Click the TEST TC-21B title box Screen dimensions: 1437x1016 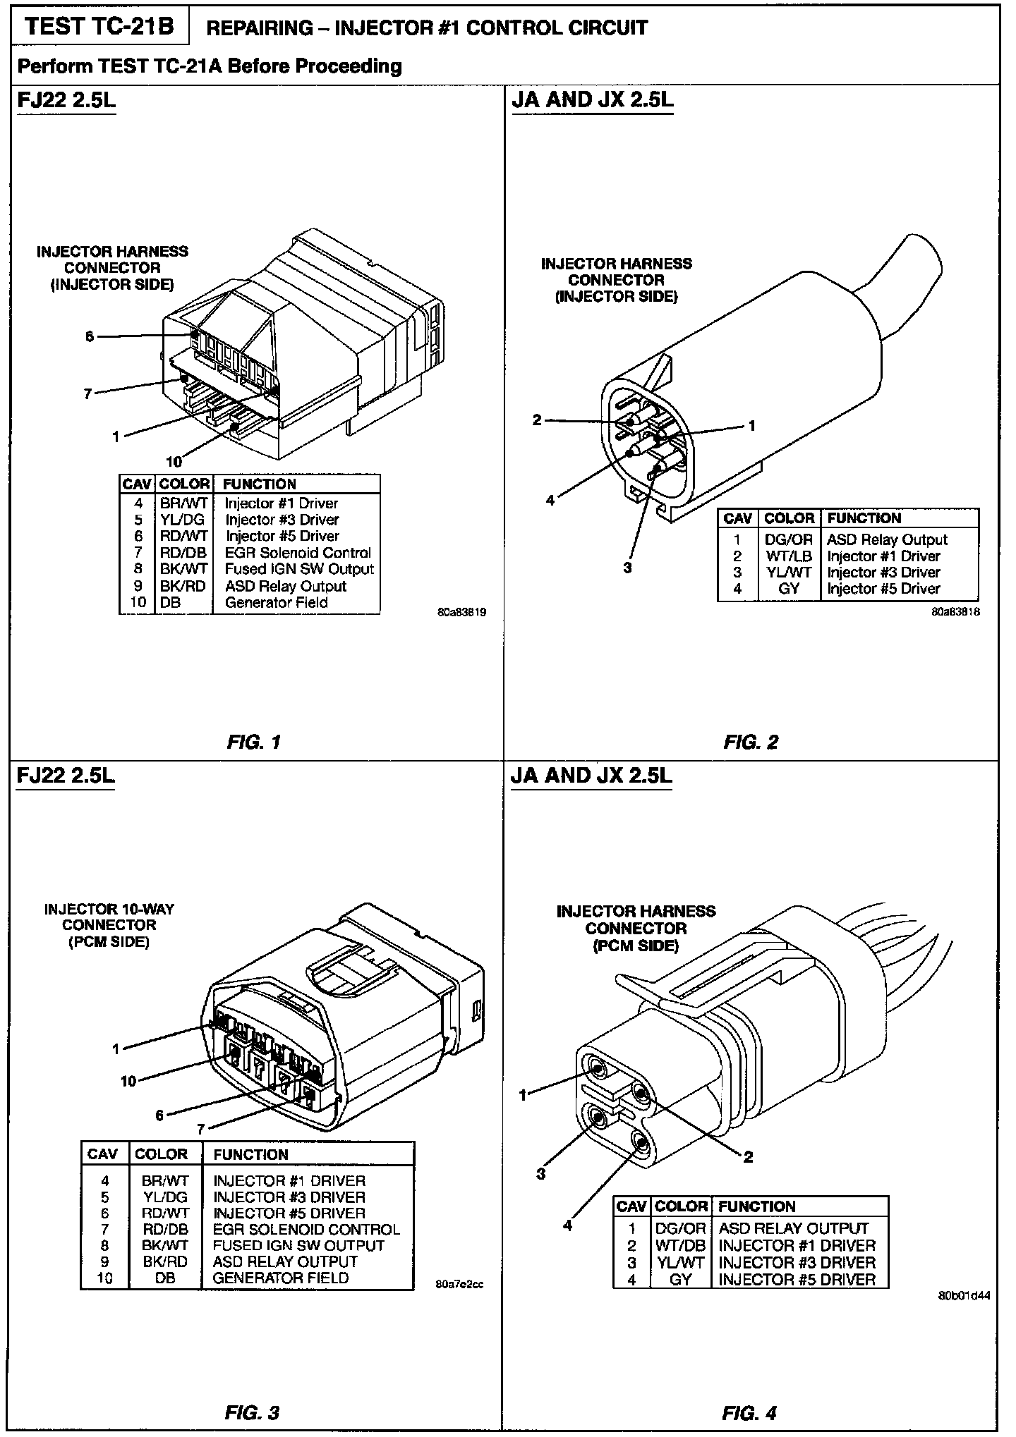tap(99, 27)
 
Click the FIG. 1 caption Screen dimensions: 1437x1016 tap(254, 742)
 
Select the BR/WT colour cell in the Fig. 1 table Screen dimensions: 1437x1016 tap(183, 503)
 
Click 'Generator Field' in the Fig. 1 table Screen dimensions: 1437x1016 tap(276, 602)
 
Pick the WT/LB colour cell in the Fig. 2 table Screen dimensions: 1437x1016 tap(789, 556)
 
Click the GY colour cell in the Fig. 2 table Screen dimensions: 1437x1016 tap(789, 589)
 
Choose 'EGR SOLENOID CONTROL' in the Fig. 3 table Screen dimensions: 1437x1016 tap(306, 1229)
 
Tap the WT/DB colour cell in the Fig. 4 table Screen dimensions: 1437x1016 tap(680, 1245)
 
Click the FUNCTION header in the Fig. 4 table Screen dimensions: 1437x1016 tap(756, 1206)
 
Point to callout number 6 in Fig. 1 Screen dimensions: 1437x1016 tap(90, 336)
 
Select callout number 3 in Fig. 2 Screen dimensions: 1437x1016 tap(627, 567)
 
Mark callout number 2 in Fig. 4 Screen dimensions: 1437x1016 tap(748, 1156)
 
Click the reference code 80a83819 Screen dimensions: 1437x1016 tap(461, 613)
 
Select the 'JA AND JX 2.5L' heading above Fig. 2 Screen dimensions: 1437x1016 tap(592, 100)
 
